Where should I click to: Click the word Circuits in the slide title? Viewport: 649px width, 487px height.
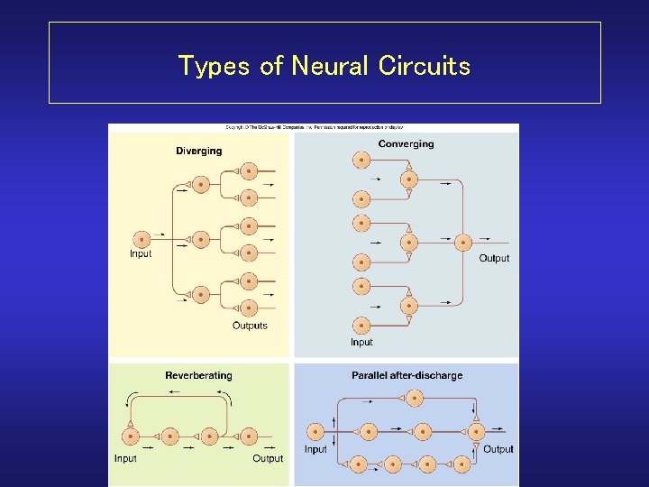(x=424, y=66)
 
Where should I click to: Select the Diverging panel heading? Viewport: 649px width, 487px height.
(x=198, y=151)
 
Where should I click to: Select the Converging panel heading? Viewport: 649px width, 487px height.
(x=406, y=143)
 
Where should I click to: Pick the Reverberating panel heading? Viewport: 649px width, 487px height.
(x=198, y=375)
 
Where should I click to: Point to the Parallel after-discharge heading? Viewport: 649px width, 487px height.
(x=407, y=375)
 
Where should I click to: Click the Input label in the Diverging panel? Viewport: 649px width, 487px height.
(x=141, y=253)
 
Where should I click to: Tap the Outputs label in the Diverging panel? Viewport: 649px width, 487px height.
(x=250, y=326)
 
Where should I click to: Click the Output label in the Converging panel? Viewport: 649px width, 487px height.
(x=494, y=258)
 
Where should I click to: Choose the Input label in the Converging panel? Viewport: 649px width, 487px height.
(x=361, y=342)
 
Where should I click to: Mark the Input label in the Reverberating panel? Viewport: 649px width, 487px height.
(x=125, y=458)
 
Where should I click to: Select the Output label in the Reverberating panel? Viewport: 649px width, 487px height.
(x=268, y=458)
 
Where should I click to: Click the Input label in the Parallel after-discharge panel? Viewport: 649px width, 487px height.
(x=315, y=449)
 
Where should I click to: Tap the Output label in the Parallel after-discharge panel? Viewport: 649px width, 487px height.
(x=498, y=449)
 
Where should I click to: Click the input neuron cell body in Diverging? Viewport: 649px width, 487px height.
(x=142, y=238)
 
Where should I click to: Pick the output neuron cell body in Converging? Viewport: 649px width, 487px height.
(x=463, y=242)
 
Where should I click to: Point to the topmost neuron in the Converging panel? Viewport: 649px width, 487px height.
(x=361, y=160)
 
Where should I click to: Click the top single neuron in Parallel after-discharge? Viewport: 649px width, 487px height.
(x=414, y=397)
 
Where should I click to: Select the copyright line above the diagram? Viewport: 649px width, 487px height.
(x=314, y=128)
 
